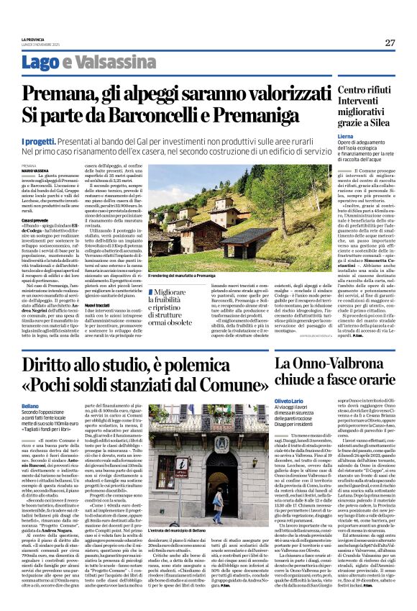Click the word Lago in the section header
[36, 62]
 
